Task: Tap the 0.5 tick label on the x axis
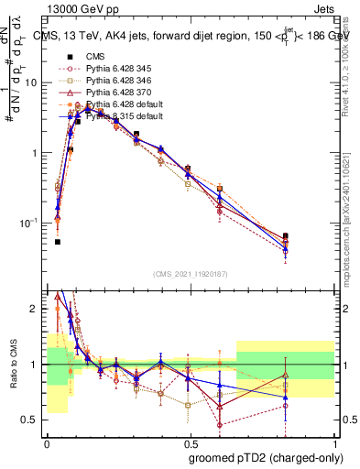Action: tap(191, 441)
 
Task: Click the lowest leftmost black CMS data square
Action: tap(58, 242)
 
